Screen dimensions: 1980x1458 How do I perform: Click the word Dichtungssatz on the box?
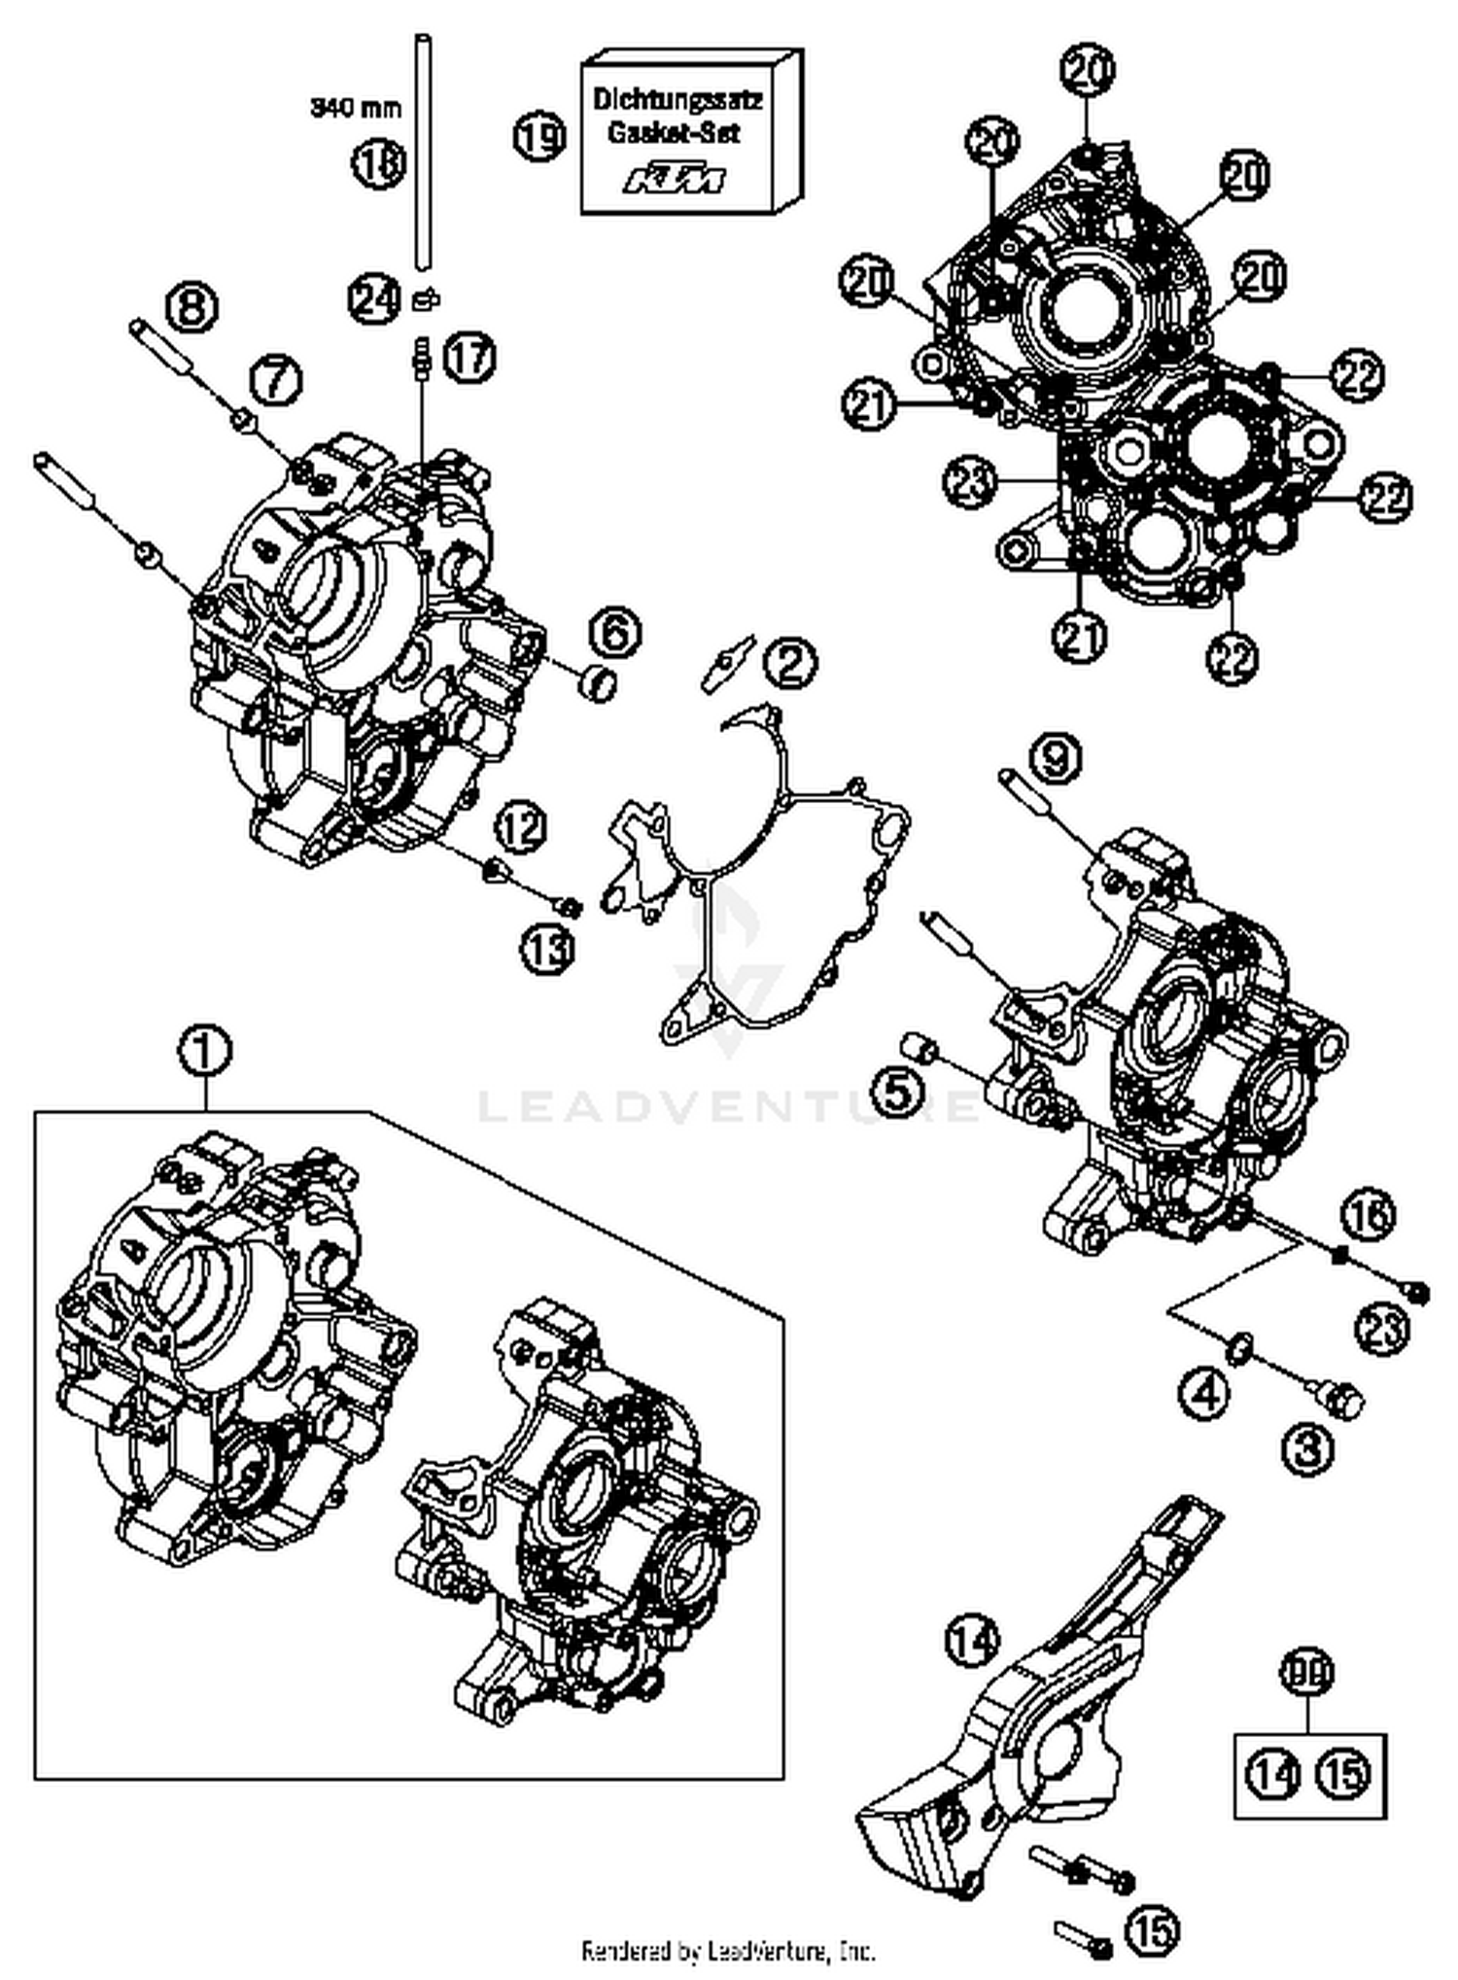[677, 99]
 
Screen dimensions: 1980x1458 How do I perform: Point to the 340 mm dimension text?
[356, 107]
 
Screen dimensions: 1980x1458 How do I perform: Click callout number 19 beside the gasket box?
[539, 136]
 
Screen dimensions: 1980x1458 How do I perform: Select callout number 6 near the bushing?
[614, 633]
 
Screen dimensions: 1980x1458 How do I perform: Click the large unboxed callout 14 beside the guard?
[971, 1642]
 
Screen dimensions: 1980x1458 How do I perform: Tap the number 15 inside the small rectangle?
[1343, 1777]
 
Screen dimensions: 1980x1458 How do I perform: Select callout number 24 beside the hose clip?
[374, 298]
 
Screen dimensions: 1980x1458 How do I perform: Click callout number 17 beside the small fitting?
[469, 358]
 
